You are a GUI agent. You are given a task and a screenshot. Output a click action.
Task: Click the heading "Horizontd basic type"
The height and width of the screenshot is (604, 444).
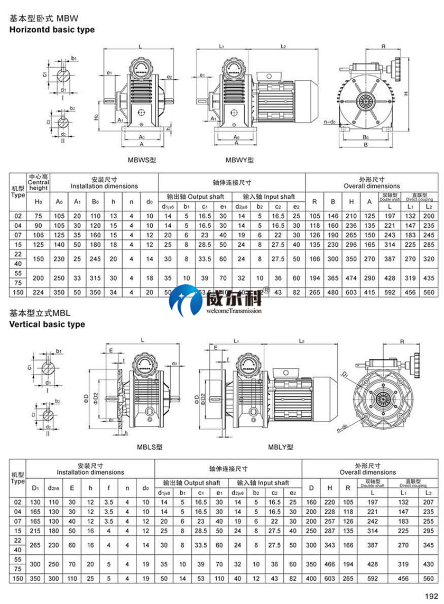52,30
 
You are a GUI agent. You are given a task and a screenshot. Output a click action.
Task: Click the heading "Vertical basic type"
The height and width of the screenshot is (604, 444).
47,324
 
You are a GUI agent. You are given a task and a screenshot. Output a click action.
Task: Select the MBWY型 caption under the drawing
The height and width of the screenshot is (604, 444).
239,160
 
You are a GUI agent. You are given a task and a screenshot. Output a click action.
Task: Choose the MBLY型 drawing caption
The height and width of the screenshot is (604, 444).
280,447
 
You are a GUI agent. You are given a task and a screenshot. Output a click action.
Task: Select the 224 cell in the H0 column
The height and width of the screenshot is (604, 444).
39,292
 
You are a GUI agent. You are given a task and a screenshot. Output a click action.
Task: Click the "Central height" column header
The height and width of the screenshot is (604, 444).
39,184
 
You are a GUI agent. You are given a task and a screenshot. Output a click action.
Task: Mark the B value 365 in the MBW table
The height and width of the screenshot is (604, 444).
334,277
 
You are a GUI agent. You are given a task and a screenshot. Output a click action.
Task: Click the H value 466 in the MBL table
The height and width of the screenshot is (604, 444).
330,564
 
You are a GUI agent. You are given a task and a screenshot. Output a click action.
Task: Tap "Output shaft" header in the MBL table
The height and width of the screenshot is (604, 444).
191,483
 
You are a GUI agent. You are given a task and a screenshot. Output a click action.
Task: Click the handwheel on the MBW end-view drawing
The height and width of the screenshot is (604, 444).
399,67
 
